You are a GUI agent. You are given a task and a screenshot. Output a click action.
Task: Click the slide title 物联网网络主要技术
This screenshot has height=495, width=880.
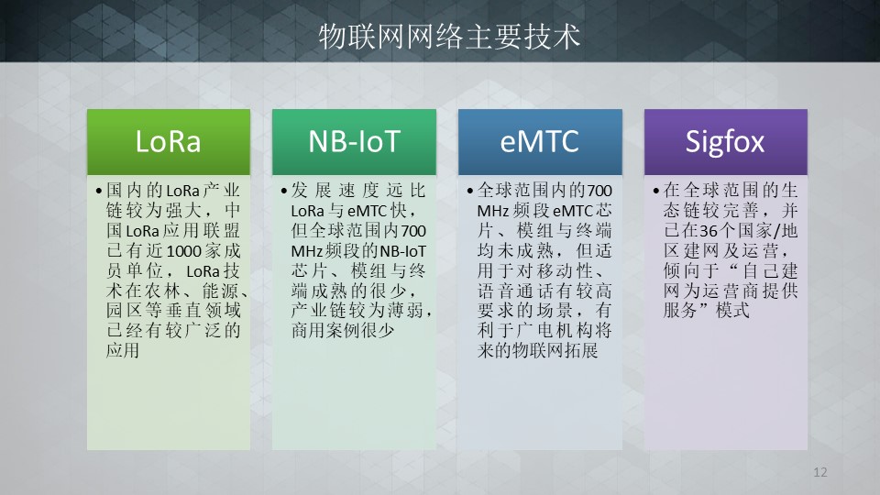(x=449, y=37)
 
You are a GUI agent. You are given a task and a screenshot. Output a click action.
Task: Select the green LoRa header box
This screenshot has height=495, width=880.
(x=169, y=142)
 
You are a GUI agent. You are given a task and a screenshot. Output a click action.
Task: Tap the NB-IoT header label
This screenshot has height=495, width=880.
(x=354, y=141)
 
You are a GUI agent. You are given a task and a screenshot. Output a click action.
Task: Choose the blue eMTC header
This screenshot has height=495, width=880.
(x=540, y=142)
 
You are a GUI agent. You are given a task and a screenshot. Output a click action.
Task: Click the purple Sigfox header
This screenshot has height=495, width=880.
(x=726, y=142)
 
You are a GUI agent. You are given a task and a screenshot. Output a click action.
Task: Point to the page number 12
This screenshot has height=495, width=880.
(x=819, y=472)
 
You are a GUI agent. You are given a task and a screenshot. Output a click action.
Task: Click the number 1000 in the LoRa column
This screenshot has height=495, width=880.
(x=184, y=251)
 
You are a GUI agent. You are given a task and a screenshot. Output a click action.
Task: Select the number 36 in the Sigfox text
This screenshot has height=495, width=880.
(x=709, y=231)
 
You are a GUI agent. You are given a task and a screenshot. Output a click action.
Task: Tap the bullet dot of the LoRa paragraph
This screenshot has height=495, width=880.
(x=99, y=192)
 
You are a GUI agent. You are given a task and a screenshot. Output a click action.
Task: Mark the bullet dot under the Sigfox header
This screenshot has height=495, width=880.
(x=656, y=192)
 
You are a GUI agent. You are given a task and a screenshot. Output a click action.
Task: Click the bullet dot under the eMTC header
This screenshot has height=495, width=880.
(x=469, y=192)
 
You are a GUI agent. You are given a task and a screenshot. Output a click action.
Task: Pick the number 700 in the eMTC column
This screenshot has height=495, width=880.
(x=599, y=191)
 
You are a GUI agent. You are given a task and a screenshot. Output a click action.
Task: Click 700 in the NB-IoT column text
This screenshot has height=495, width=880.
(x=413, y=231)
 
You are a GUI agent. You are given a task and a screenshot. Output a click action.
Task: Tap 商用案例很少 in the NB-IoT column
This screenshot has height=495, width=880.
(x=342, y=330)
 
